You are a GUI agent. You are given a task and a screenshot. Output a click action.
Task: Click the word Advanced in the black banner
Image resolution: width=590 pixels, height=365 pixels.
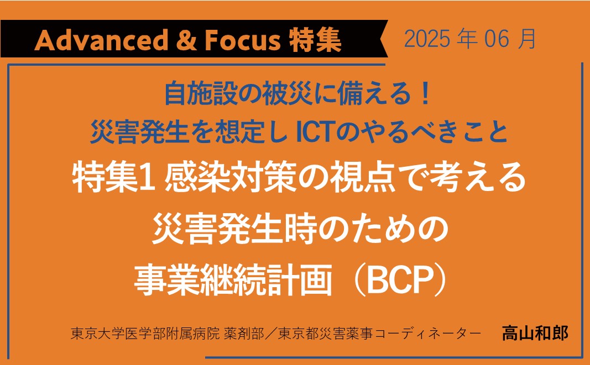point(102,40)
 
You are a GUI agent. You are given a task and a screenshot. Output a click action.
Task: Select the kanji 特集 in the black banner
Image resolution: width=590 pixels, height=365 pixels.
point(315,40)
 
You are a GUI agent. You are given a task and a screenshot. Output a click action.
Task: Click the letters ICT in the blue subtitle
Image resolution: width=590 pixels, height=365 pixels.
point(317,132)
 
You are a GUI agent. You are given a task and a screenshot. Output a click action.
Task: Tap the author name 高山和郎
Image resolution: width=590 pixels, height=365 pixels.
point(535,333)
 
